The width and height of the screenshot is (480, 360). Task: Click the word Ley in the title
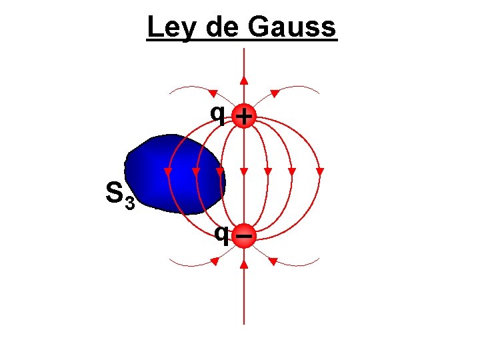pos(167,28)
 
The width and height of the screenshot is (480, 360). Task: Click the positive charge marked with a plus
pos(245,117)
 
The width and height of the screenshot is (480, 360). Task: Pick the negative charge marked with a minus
pos(245,236)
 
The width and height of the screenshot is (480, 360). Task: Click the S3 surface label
pos(120,195)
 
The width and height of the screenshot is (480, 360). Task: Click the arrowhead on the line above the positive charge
pos(245,80)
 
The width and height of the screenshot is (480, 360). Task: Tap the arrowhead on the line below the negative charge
pos(245,265)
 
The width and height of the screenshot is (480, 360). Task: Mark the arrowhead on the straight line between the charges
pos(245,172)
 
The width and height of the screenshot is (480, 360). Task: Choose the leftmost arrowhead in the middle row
pos(168,172)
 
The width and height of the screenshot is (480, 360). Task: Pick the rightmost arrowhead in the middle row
pos(320,172)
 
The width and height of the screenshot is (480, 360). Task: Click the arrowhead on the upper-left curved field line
pos(215,92)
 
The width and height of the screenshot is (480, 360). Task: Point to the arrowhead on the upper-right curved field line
pos(273,92)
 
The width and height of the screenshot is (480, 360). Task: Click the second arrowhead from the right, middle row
pos(292,172)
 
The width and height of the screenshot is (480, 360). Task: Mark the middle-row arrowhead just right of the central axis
pos(267,172)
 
